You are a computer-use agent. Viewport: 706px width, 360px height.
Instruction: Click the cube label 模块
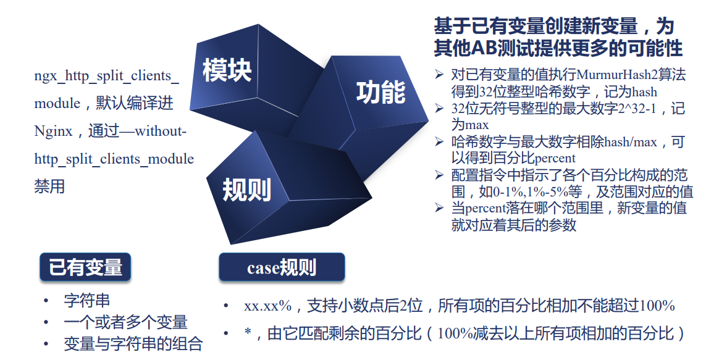coord(227,70)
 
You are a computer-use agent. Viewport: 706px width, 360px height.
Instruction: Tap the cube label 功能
coord(381,92)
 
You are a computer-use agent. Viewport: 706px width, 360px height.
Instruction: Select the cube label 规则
coord(246,189)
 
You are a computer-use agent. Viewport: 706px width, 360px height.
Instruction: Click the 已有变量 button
coord(85,267)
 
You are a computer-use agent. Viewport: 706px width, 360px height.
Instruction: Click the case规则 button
coord(282,267)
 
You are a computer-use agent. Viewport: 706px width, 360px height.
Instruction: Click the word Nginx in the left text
coord(53,132)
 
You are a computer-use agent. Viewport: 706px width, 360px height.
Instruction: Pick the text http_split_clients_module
coord(114,159)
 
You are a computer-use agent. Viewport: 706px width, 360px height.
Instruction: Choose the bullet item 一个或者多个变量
coord(125,322)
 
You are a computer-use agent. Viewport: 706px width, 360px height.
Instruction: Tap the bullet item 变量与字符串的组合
coord(133,344)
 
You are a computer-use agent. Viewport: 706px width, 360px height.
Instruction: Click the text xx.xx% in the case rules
coord(268,306)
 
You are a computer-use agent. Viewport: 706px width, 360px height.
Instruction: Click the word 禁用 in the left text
coord(49,186)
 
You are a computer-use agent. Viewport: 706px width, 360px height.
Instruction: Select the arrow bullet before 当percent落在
coord(439,207)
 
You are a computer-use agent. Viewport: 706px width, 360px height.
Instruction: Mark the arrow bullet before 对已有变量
coord(439,74)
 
